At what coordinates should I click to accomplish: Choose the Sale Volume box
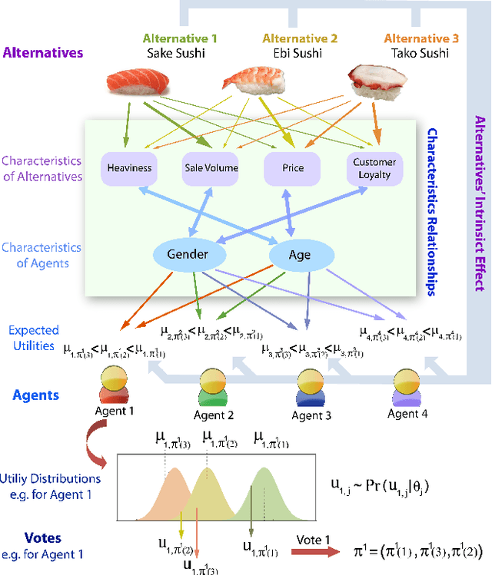tap(211, 168)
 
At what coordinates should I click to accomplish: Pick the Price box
tap(293, 168)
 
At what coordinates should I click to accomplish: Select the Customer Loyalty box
tap(374, 168)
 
